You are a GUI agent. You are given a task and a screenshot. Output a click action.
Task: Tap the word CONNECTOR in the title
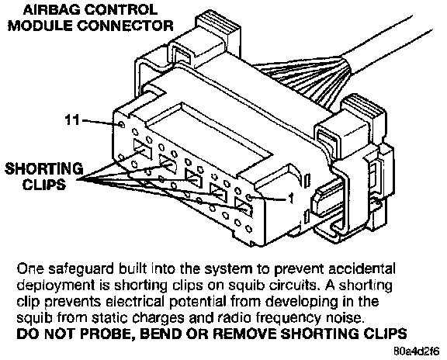[125, 26]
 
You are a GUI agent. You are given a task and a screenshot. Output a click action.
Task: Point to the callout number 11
[72, 119]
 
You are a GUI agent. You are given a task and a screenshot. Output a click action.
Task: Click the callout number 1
[291, 199]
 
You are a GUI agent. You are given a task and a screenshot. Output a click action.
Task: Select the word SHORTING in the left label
[44, 168]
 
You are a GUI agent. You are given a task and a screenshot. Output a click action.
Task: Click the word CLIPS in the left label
[44, 185]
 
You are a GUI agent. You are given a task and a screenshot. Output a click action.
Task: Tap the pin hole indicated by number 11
[122, 125]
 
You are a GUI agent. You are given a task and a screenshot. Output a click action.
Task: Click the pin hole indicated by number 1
[250, 198]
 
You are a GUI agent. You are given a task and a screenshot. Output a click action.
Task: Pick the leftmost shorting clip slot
[142, 148]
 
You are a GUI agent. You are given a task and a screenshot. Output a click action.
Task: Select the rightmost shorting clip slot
[244, 206]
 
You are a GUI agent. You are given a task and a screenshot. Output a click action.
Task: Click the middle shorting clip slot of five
[193, 178]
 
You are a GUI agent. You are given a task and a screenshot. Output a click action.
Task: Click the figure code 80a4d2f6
[417, 351]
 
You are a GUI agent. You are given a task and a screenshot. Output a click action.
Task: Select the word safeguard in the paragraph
[81, 269]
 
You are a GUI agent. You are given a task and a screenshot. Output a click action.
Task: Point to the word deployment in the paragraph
[56, 286]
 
